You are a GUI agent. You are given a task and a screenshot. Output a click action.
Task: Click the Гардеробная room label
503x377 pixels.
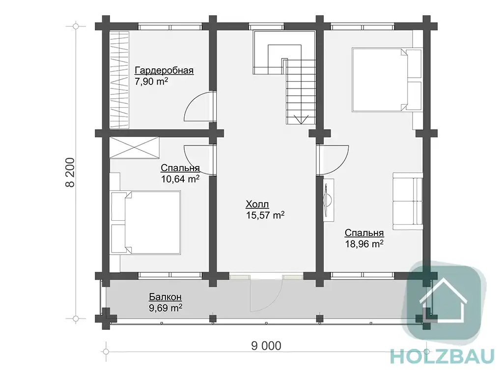click(x=164, y=70)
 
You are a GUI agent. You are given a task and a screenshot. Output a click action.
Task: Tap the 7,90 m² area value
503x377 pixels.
click(x=151, y=81)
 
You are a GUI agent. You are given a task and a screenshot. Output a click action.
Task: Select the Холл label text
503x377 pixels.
click(x=257, y=204)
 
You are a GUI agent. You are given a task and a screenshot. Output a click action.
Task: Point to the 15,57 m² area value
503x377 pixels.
click(x=265, y=215)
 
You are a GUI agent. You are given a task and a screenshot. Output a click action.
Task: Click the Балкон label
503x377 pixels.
click(x=165, y=297)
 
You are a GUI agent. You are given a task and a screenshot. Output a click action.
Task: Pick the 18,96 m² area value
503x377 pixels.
click(x=364, y=244)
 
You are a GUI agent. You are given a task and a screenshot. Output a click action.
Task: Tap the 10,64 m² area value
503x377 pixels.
click(x=180, y=179)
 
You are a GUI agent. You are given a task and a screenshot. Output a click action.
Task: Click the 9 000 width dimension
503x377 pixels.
click(x=266, y=346)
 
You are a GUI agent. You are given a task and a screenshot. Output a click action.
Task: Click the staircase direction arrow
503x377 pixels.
click(x=301, y=119)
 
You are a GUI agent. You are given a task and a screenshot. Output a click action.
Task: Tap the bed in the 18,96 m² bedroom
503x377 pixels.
click(x=387, y=80)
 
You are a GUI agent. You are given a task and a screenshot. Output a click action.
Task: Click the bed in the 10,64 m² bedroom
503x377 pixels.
click(x=145, y=223)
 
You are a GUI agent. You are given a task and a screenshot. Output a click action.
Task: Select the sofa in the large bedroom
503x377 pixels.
click(x=408, y=201)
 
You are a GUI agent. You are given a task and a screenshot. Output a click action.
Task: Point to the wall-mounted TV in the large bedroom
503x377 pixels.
click(x=328, y=200)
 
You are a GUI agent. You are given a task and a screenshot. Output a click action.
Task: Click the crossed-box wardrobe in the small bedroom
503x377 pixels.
click(x=135, y=147)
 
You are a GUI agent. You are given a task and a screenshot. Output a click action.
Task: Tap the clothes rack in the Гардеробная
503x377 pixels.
click(x=120, y=80)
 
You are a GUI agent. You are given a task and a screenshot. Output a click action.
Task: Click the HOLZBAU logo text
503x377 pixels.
click(x=442, y=356)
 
